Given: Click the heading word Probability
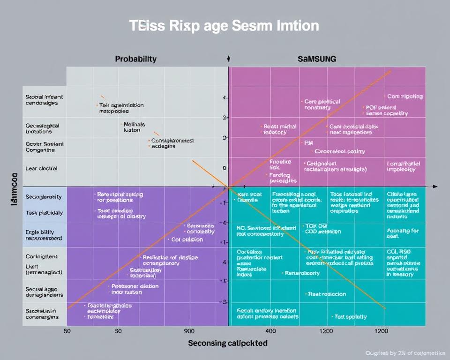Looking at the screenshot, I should pyautogui.click(x=136, y=60).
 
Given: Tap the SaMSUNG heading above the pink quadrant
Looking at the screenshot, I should pyautogui.click(x=317, y=60).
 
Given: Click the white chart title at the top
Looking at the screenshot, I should pyautogui.click(x=224, y=26).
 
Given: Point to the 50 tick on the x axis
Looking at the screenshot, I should pyautogui.click(x=67, y=331).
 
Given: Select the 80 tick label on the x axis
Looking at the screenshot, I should pyautogui.click(x=118, y=331).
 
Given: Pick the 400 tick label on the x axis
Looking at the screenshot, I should pyautogui.click(x=271, y=331).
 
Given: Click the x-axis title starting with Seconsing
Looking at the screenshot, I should pyautogui.click(x=228, y=343).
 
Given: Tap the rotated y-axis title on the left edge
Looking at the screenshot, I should pyautogui.click(x=15, y=187).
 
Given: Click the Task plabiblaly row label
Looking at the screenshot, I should pyautogui.click(x=44, y=213).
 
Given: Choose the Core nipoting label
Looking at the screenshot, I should pyautogui.click(x=405, y=97).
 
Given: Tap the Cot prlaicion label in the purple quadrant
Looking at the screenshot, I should pyautogui.click(x=187, y=240).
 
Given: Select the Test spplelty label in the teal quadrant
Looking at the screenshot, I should pyautogui.click(x=351, y=317).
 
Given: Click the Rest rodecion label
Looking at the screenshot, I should pyautogui.click(x=327, y=294).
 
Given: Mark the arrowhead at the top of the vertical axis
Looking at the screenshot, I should pyautogui.click(x=228, y=58).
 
